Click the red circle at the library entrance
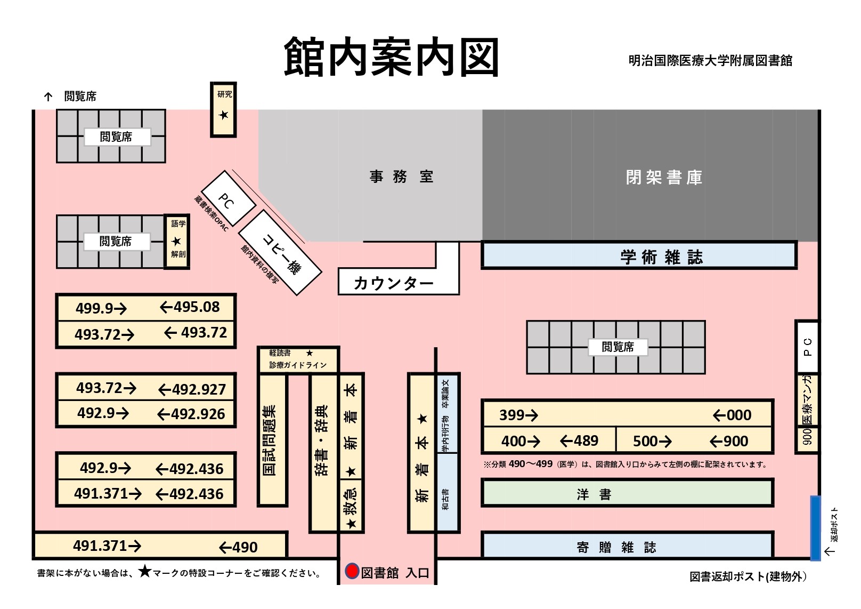point(352,571)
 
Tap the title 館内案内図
point(391,58)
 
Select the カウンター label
point(394,283)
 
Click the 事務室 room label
point(401,177)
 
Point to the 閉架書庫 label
point(664,177)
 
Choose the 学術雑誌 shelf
point(639,255)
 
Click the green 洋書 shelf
point(627,493)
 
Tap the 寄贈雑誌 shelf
point(627,545)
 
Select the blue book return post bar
point(815,528)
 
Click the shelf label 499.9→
point(101,308)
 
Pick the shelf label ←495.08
point(190,307)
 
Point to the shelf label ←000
point(732,415)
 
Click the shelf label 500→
point(652,441)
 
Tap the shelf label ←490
point(238,547)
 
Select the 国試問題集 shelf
point(272,440)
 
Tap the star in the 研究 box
point(224,115)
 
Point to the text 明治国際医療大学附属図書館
point(710,61)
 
